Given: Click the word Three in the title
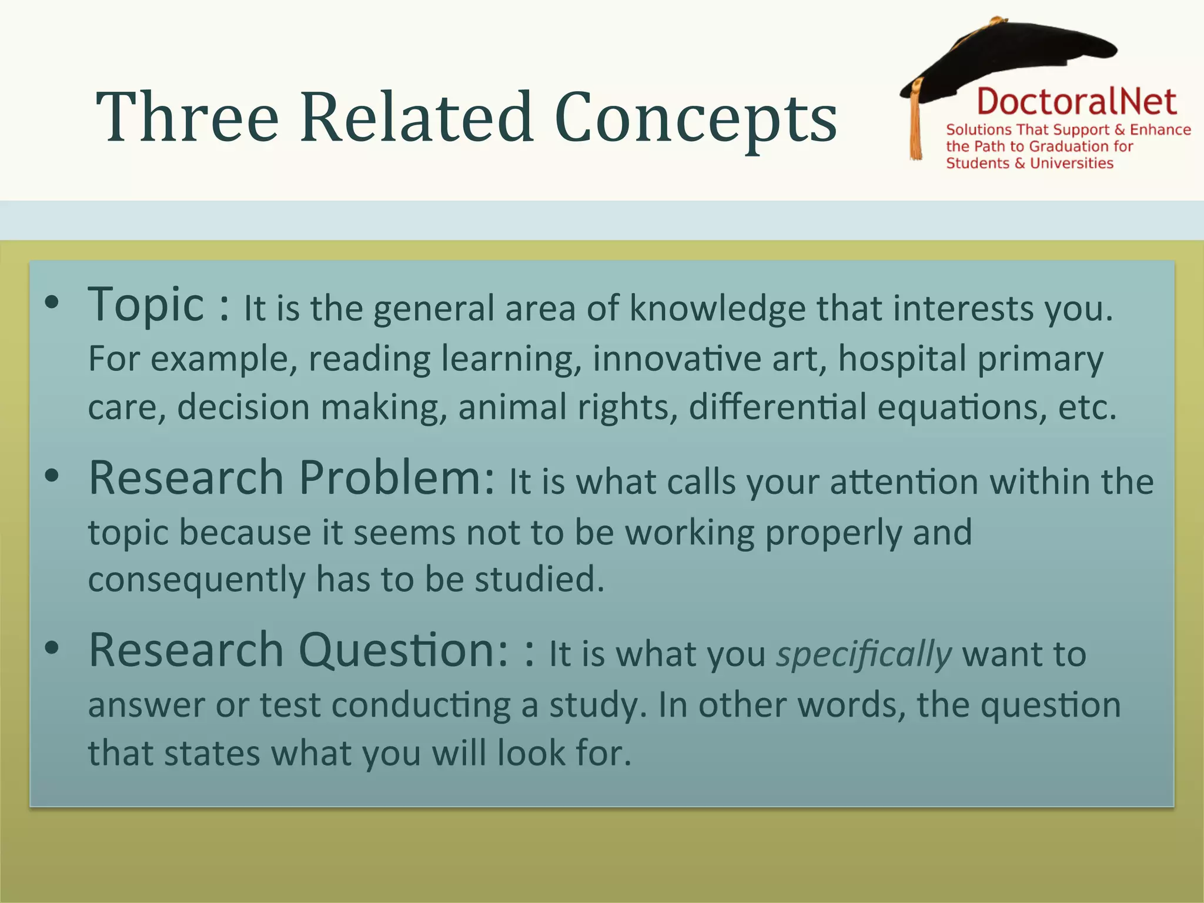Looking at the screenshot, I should pyautogui.click(x=187, y=118).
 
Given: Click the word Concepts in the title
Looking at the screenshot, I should pyautogui.click(x=695, y=119).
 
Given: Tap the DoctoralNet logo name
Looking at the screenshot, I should pyautogui.click(x=1076, y=102).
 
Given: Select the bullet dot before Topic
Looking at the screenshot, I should pyautogui.click(x=52, y=303).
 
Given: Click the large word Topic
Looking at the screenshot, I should pyautogui.click(x=145, y=305).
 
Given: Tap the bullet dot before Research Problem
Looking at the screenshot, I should pyautogui.click(x=52, y=476).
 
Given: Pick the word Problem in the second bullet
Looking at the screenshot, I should pyautogui.click(x=397, y=477).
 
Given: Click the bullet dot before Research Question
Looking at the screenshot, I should pyautogui.click(x=52, y=648).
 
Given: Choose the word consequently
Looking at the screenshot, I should pyautogui.click(x=196, y=580).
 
